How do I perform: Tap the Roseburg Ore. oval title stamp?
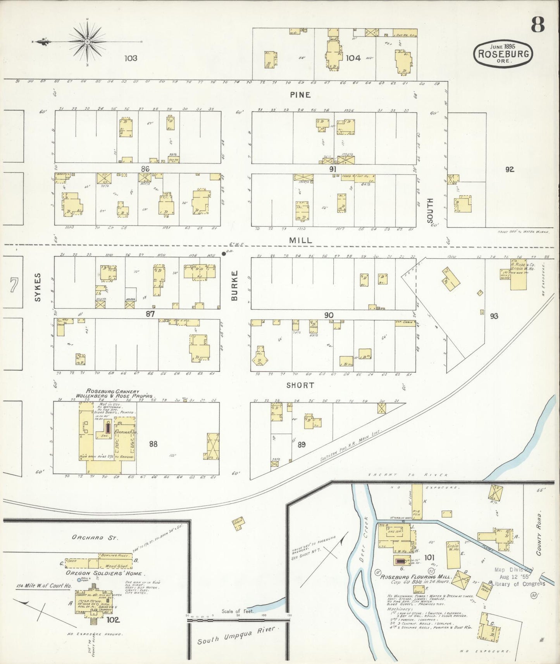503,55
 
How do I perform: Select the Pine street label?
300,95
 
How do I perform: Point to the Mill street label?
300,240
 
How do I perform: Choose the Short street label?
300,385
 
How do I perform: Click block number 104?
353,58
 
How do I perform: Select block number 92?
509,169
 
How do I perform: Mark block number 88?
153,444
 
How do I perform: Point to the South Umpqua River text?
236,635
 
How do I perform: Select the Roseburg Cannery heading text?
112,391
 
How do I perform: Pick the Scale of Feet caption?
238,611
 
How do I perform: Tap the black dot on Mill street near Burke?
224,254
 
